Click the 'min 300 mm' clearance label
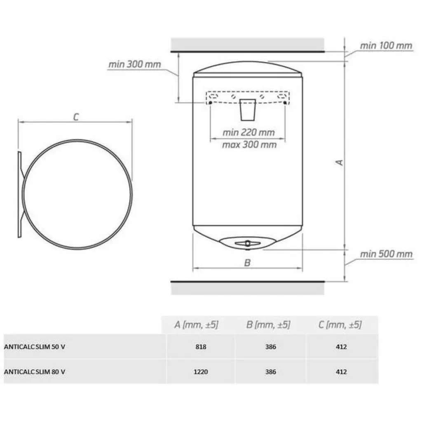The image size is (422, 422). (x=135, y=64)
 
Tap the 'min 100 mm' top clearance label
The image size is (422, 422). (x=386, y=46)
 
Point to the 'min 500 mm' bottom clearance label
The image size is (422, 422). (x=386, y=254)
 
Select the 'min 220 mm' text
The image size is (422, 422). (x=249, y=132)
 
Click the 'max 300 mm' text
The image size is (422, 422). (x=249, y=145)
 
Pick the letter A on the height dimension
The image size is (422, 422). (x=340, y=162)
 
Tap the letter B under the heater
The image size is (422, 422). (x=247, y=263)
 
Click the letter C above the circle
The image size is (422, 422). (x=76, y=117)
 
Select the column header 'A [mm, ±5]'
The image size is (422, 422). (x=196, y=325)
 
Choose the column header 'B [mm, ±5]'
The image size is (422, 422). (x=268, y=325)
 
